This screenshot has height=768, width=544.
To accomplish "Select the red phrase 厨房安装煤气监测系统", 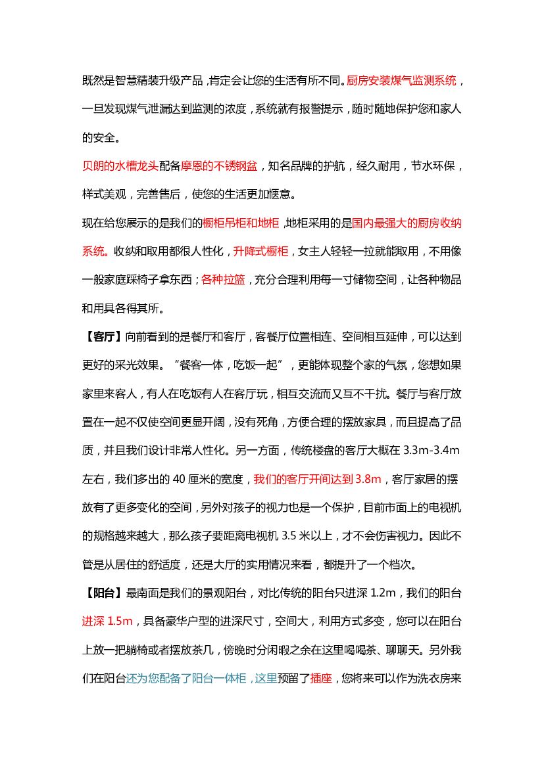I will click(x=401, y=81).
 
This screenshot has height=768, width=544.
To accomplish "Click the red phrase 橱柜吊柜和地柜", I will click(x=241, y=223).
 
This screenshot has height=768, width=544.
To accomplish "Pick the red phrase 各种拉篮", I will click(x=223, y=280).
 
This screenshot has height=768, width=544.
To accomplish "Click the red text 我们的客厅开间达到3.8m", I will click(x=318, y=480).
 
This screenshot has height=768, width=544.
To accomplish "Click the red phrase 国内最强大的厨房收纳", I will click(x=407, y=223).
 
